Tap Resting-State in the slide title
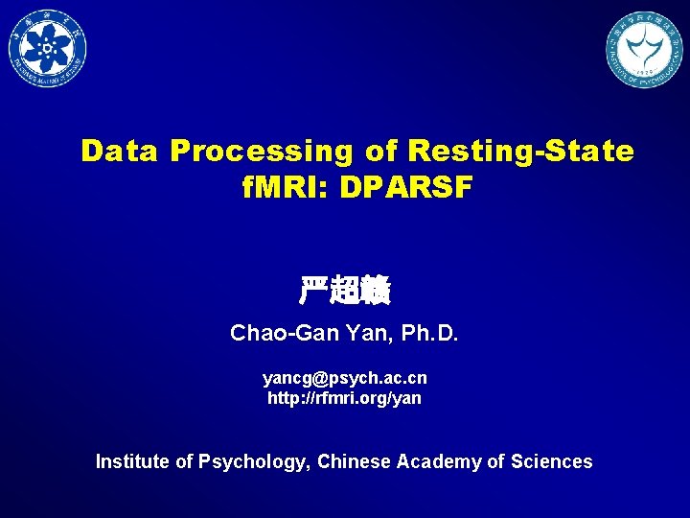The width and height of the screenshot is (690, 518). click(521, 152)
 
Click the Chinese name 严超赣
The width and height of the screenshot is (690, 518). click(345, 290)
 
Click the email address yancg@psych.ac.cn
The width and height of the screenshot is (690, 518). click(345, 378)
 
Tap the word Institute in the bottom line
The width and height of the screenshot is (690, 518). click(132, 461)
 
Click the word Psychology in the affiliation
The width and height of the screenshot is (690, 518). click(253, 462)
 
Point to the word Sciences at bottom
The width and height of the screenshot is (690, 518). click(552, 461)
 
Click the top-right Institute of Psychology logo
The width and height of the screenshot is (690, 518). click(643, 50)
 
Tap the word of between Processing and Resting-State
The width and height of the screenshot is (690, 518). click(381, 152)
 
